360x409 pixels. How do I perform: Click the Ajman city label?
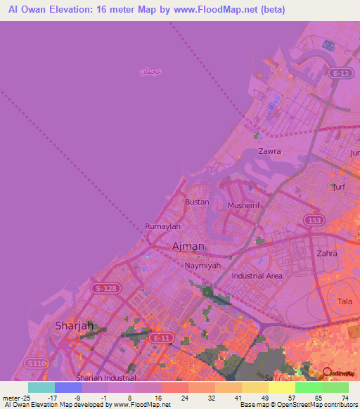tap(188, 246)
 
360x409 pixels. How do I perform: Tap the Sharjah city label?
tap(75, 325)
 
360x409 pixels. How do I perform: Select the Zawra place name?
tap(269, 151)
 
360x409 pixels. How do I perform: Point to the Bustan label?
tap(197, 202)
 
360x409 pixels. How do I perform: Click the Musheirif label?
tap(245, 205)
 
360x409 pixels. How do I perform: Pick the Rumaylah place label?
tap(162, 226)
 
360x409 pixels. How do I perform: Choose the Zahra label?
tap(328, 254)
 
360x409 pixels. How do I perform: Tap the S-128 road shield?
tap(108, 289)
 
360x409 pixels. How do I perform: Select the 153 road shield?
tap(314, 221)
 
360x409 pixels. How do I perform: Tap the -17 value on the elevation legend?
tap(52, 398)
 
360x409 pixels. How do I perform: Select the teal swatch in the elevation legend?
tap(41, 387)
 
